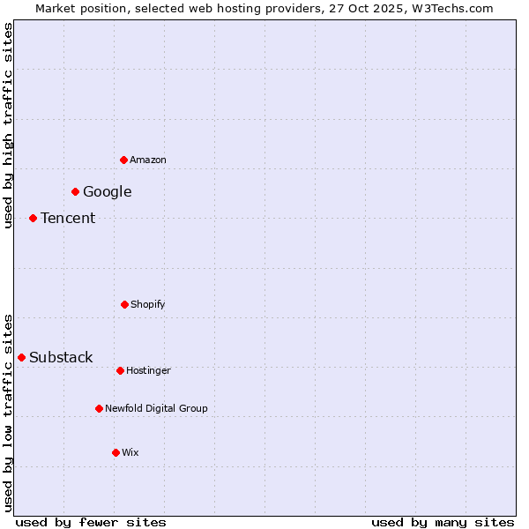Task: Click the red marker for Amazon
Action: tap(124, 160)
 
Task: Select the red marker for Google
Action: tap(76, 191)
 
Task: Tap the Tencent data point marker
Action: tap(34, 218)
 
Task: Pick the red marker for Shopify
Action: tap(124, 304)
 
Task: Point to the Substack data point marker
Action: tap(22, 357)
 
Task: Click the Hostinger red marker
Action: tap(120, 370)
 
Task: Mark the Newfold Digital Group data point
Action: tap(100, 408)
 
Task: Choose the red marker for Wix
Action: tap(115, 452)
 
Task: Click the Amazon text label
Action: tap(148, 160)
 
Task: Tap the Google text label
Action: tap(108, 192)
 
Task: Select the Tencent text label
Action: tap(68, 219)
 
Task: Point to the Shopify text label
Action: tap(148, 305)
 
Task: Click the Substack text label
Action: tap(61, 358)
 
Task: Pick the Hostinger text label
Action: tap(148, 371)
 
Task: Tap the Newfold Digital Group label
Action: tap(157, 409)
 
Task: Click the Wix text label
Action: tap(130, 453)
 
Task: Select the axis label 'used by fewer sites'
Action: tap(91, 522)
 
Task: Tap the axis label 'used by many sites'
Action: tap(443, 522)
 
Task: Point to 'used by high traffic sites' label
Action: tap(8, 125)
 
